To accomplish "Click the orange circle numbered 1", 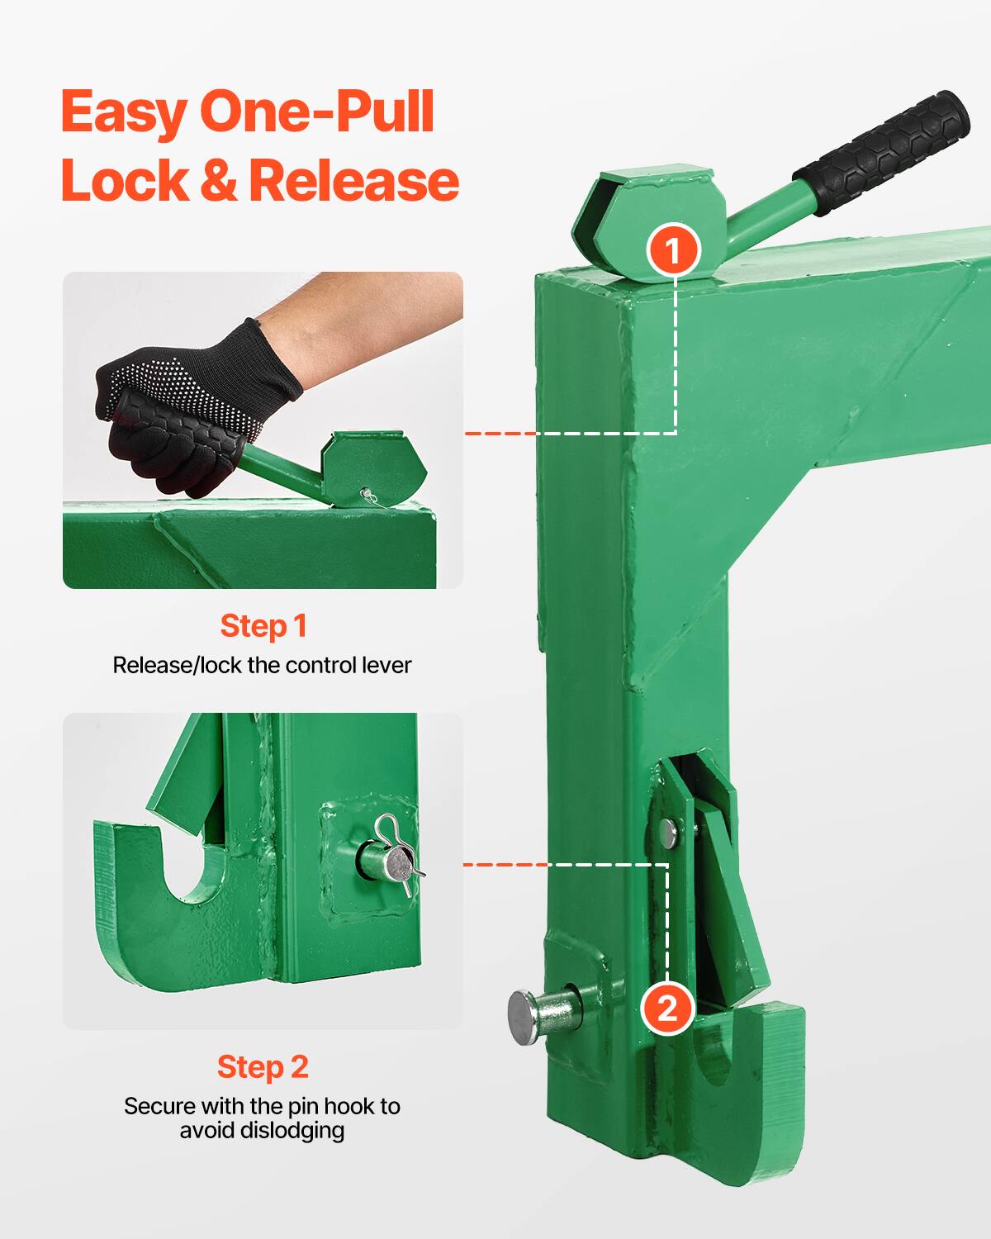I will [674, 249].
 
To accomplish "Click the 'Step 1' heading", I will [263, 626].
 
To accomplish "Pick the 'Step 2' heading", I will [263, 1067].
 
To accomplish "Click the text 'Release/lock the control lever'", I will [262, 666].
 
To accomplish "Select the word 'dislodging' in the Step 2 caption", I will [291, 1129].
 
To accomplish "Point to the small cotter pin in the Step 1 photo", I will [368, 496].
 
